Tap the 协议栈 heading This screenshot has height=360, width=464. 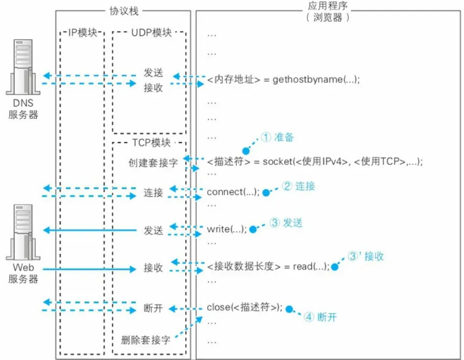[x=124, y=11]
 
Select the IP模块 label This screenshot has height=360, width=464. [x=82, y=34]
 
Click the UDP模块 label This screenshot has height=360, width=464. [x=150, y=34]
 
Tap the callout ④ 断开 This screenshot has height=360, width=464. [x=321, y=317]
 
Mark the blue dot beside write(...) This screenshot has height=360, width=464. [x=252, y=230]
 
